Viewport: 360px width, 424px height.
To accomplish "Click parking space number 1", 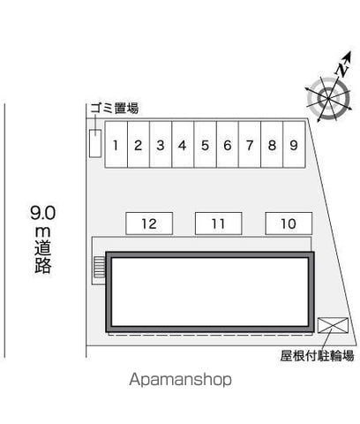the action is point(116,145).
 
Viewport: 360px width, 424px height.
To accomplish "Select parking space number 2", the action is point(139,145).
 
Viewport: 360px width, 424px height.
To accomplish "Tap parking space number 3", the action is point(161,145).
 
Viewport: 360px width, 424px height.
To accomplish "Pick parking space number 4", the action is point(183,145).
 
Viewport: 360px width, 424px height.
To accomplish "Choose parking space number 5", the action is point(206,145).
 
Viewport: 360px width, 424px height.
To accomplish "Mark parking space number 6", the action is point(228,145).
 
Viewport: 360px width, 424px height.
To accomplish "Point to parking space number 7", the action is point(250,145).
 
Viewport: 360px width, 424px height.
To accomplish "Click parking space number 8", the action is point(272,145).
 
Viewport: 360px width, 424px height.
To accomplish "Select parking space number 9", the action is point(294,145).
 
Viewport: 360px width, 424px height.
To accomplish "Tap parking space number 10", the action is point(289,223).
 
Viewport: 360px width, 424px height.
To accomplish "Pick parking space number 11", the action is point(219,223).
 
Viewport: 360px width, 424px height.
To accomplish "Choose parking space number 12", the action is point(149,223).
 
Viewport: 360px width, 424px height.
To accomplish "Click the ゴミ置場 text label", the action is point(114,109).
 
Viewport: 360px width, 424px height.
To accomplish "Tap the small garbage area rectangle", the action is point(95,143).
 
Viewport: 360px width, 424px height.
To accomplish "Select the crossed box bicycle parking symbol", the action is point(333,325).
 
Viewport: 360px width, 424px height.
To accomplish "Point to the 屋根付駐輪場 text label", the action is point(317,356).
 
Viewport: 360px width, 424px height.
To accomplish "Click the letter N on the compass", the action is point(341,69).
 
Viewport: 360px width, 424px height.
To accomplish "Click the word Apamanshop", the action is point(180,380).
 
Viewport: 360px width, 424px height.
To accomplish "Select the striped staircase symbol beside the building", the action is point(100,267).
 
